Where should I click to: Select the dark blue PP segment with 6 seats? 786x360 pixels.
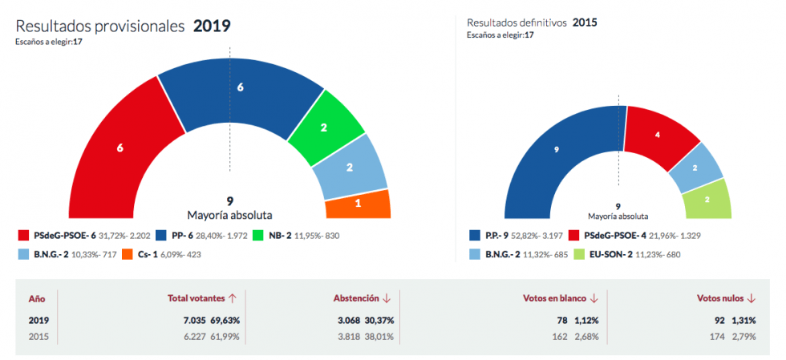tap(240, 88)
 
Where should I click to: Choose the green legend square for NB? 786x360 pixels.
tap(258, 235)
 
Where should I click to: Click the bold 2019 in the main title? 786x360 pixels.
tap(212, 26)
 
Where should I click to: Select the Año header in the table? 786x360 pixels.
tap(36, 298)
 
